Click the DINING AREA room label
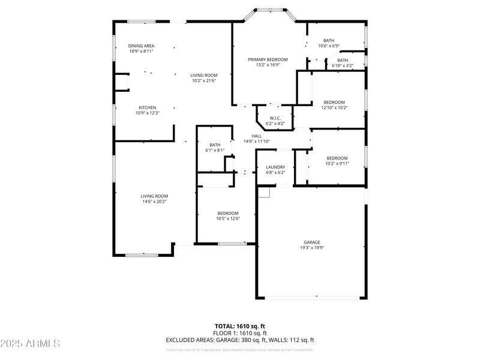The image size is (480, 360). coord(142,46)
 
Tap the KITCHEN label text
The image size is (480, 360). coord(148,107)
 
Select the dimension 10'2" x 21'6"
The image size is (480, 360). coord(203,80)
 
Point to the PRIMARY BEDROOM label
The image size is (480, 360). coord(268,59)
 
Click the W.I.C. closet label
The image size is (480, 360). coord(275,118)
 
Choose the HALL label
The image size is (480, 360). coord(257,136)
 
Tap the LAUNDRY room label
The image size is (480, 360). coord(276,167)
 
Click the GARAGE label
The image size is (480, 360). coord(311,242)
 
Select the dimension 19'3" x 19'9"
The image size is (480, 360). coord(311,247)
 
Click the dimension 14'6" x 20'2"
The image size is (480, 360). coord(154,202)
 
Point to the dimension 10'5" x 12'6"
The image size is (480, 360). coord(228,218)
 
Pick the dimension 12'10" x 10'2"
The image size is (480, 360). coord(335,107)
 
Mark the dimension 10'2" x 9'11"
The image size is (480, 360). coord(337,163)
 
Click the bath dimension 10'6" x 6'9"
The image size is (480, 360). coord(329,46)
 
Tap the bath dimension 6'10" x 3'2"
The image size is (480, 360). coord(342,65)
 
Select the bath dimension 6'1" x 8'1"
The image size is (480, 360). coord(215,150)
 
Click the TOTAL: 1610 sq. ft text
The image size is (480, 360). coord(240,326)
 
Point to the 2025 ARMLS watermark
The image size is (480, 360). coord(30,343)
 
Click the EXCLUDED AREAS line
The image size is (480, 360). coord(240,340)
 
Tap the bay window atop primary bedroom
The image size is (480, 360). coord(265,10)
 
